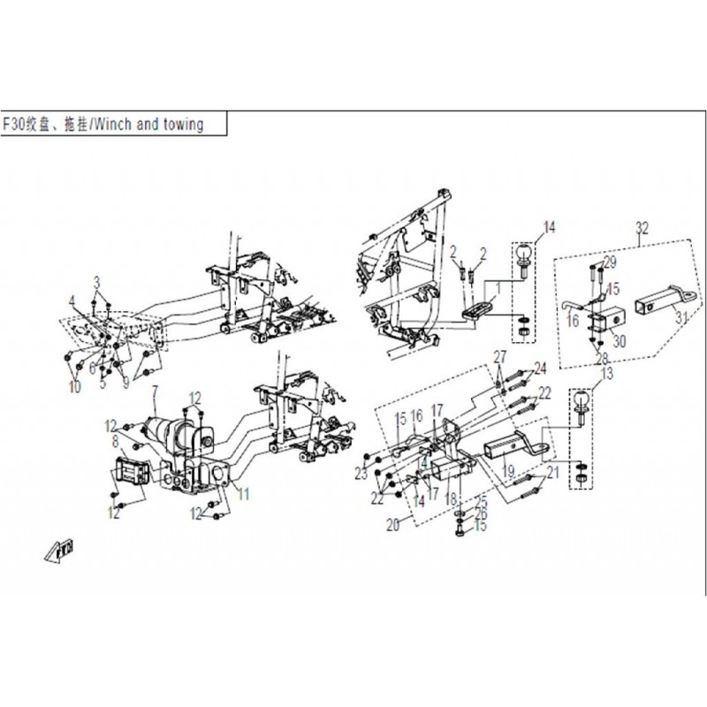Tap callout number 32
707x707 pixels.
(x=642, y=228)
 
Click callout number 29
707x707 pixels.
(x=609, y=262)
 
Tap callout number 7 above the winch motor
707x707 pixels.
(x=156, y=391)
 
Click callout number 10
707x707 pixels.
(x=74, y=387)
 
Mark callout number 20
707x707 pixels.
(x=392, y=524)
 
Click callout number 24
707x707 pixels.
(x=540, y=368)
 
